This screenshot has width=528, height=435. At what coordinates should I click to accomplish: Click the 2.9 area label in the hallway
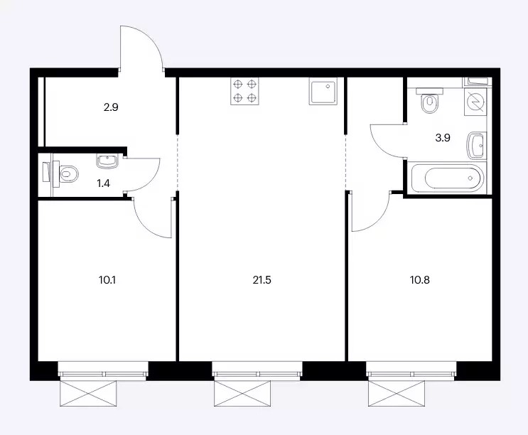click(x=111, y=108)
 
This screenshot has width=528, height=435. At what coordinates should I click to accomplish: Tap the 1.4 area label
click(x=103, y=183)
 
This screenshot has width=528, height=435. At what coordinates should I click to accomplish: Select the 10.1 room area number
click(x=107, y=280)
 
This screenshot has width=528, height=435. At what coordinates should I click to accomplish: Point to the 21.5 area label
click(x=262, y=280)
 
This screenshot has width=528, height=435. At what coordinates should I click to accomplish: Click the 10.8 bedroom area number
click(x=420, y=280)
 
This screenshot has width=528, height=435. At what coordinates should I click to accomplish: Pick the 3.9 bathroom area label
click(x=443, y=138)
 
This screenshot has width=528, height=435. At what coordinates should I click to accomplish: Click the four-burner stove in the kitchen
click(x=244, y=91)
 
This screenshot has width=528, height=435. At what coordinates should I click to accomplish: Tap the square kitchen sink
click(x=323, y=91)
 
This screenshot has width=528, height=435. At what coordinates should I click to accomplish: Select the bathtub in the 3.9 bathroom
click(x=447, y=178)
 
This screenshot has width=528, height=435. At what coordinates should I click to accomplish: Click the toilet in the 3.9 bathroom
click(x=429, y=100)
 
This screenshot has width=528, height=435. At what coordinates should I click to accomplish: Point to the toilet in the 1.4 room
click(x=65, y=174)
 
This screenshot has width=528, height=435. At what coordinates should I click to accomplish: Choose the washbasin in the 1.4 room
click(x=107, y=161)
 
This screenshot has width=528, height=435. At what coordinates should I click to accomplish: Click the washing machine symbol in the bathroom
click(x=475, y=102)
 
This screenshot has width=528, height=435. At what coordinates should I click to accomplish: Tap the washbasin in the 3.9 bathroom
click(x=477, y=146)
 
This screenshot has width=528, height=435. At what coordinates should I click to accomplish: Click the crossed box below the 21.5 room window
click(x=242, y=393)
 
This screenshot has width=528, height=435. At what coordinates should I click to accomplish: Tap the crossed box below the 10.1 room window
click(x=88, y=393)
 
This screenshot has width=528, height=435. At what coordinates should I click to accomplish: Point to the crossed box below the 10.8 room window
click(x=397, y=393)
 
